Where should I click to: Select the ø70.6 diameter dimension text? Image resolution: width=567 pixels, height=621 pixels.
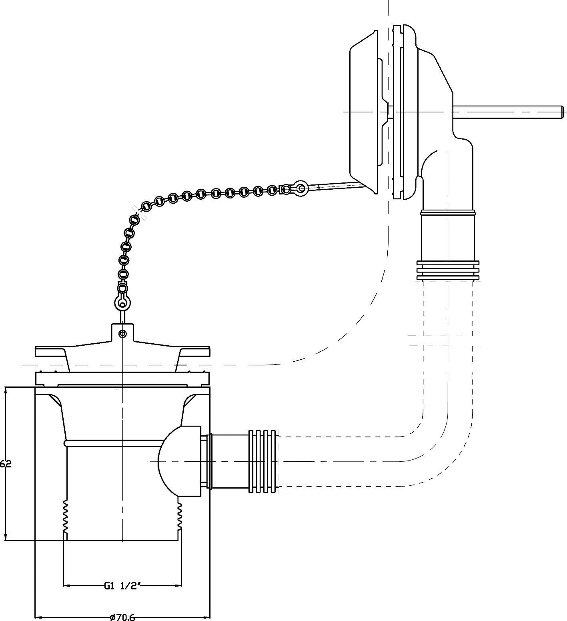122,617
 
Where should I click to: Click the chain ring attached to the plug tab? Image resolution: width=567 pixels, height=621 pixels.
122,303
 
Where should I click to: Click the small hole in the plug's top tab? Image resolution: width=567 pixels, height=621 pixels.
123,333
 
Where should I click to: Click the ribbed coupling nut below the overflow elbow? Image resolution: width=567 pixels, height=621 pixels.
448,270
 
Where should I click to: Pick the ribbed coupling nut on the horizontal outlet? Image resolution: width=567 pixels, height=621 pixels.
262,461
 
